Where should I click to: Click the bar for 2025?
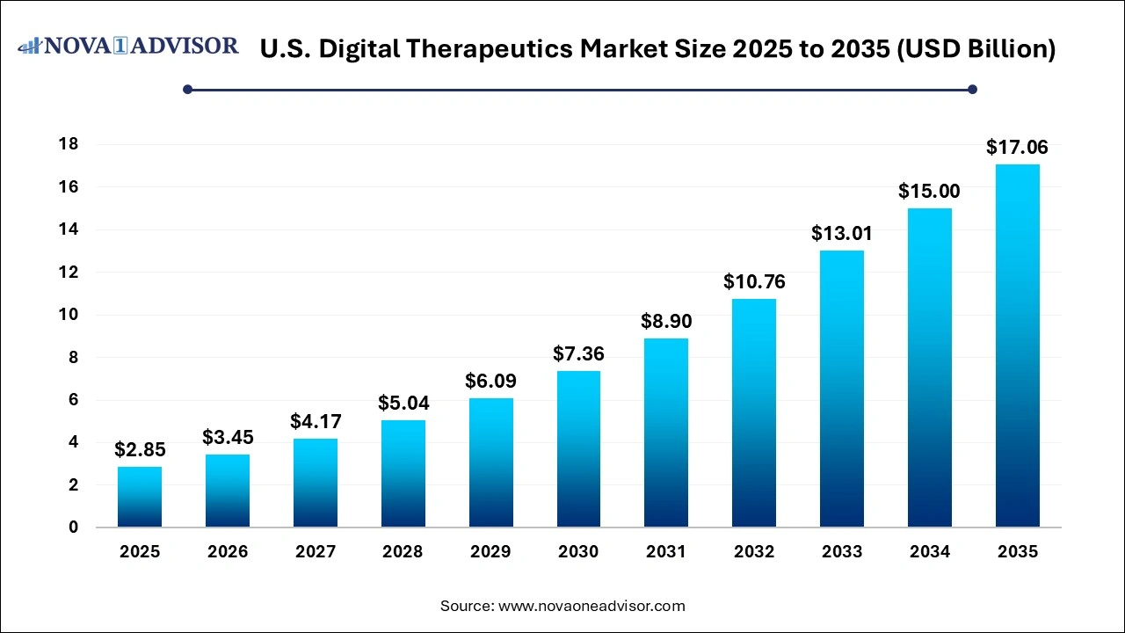[140, 497]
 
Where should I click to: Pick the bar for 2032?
[754, 412]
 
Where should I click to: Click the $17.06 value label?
[1017, 147]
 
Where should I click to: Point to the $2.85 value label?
[140, 450]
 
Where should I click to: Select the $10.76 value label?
[754, 282]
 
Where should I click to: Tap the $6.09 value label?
[490, 382]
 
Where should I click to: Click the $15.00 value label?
[929, 191]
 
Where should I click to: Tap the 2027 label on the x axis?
[316, 552]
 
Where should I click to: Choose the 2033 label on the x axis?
[842, 552]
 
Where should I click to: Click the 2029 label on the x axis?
[490, 552]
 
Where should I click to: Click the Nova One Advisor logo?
[128, 46]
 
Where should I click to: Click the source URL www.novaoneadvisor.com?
[592, 606]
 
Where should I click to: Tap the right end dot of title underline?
[972, 89]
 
